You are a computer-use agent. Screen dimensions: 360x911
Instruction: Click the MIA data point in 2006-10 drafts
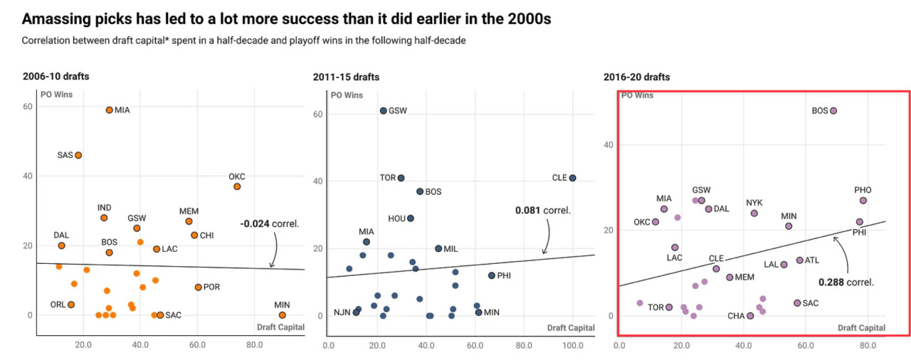click(109, 110)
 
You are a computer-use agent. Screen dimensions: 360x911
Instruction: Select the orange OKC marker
click(237, 186)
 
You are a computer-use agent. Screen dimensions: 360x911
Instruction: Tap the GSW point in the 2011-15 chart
click(383, 111)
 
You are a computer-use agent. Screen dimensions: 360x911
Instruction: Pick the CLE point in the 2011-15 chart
click(572, 178)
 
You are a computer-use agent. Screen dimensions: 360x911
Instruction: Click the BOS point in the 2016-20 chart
click(833, 111)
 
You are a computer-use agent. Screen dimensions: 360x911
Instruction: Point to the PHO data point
click(863, 201)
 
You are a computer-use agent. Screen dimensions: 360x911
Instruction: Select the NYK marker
click(754, 213)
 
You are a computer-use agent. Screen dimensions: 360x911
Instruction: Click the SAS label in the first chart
click(65, 155)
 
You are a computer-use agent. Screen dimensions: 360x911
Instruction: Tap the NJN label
click(341, 312)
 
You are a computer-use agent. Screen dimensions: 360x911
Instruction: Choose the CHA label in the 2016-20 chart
click(736, 316)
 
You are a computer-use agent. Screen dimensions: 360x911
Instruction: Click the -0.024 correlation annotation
click(269, 223)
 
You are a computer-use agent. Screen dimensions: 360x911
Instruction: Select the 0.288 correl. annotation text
click(846, 282)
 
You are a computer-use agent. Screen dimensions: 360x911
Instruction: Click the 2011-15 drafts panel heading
click(346, 77)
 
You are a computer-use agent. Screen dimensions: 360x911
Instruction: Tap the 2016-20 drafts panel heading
click(636, 77)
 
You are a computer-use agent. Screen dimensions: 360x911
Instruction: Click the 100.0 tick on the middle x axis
click(572, 346)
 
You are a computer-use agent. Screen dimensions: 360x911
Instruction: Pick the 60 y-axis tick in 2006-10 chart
click(28, 107)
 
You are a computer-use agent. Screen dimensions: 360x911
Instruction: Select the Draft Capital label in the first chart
click(280, 327)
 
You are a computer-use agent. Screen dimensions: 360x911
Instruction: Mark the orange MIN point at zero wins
click(282, 315)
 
